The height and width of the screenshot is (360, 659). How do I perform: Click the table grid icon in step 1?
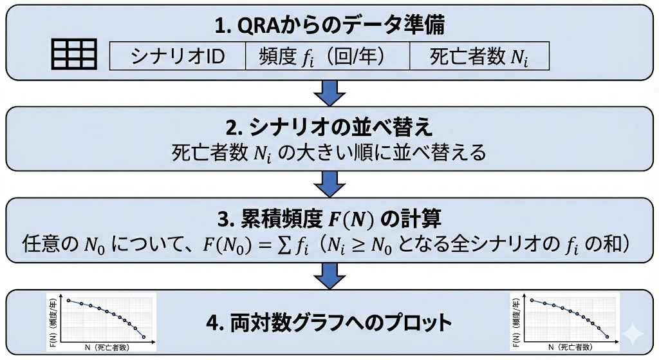pos(73,54)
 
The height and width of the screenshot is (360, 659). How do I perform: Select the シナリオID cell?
pos(178,57)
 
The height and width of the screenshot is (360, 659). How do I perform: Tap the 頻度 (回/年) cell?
pos(328,57)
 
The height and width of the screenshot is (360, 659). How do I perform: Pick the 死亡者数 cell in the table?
pos(479,57)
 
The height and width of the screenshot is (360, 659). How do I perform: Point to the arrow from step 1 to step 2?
pos(330,93)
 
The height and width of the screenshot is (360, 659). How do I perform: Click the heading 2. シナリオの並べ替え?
pos(330,126)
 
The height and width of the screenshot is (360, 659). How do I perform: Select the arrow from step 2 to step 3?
pos(330,185)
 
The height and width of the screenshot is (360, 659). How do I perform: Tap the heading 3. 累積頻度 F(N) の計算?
pos(330,219)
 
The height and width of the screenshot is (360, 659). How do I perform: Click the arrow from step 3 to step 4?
pos(330,277)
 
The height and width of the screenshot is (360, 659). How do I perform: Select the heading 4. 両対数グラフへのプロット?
pos(330,321)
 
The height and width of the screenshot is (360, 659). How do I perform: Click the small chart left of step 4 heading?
pos(104,322)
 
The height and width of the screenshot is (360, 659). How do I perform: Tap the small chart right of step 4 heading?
pos(564,322)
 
